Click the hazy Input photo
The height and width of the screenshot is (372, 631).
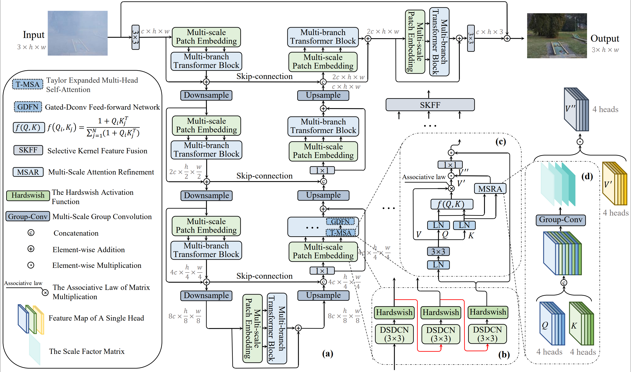pos(78,33)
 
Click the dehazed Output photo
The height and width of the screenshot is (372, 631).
pos(557,36)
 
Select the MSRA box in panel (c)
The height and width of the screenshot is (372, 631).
pos(490,188)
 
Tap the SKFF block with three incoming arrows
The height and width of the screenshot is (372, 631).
pos(430,105)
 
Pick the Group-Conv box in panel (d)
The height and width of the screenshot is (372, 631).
pos(560,220)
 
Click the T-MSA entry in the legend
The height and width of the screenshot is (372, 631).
pos(28,84)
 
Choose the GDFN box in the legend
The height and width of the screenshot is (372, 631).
pos(28,107)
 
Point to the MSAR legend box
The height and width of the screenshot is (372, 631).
pos(28,172)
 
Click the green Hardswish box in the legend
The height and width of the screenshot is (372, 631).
pos(28,195)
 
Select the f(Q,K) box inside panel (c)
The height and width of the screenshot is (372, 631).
pos(452,204)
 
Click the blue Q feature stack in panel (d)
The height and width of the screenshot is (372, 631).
pos(552,323)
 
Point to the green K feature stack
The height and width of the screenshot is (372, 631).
pos(581,323)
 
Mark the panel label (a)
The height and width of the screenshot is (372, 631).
pos(327,353)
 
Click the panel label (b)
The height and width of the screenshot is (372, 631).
pos(504,354)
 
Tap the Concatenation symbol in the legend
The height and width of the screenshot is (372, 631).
pos(31,233)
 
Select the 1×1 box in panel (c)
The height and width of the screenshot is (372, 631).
pos(450,165)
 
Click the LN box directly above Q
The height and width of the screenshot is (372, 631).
pos(438,225)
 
